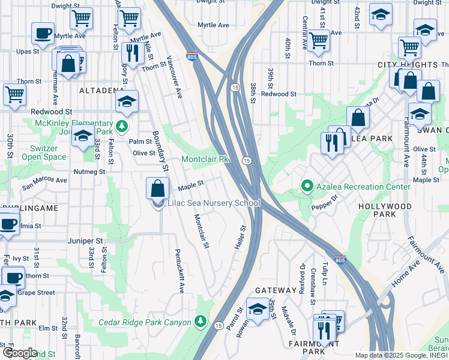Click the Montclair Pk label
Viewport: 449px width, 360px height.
pyautogui.click(x=205, y=160)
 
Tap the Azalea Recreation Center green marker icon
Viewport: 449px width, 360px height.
pyautogui.click(x=307, y=187)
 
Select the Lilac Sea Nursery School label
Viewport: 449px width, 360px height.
pyautogui.click(x=213, y=203)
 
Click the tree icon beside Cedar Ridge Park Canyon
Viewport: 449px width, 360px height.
pyautogui.click(x=200, y=322)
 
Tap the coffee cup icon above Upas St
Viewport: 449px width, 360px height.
pyautogui.click(x=43, y=34)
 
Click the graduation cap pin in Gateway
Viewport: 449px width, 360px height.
pyautogui.click(x=258, y=311)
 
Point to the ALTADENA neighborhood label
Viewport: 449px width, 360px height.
pyautogui.click(x=101, y=91)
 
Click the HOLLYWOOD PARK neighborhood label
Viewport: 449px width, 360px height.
pyautogui.click(x=385, y=211)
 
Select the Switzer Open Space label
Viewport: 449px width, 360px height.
pyautogui.click(x=44, y=152)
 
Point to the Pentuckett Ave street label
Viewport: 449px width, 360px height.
pyautogui.click(x=178, y=271)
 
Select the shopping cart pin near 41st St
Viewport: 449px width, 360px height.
pyautogui.click(x=318, y=40)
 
